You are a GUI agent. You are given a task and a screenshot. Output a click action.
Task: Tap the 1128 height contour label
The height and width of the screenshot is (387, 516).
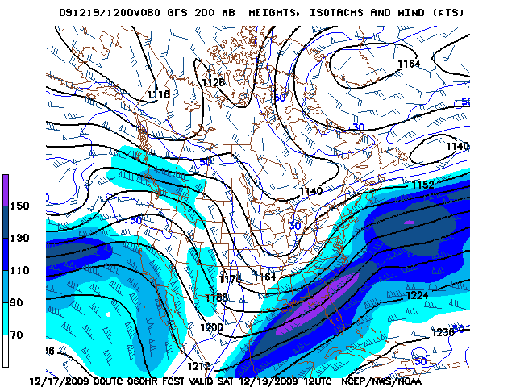pos(214,82)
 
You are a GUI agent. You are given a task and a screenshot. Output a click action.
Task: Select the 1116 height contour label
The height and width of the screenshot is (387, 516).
pos(159,94)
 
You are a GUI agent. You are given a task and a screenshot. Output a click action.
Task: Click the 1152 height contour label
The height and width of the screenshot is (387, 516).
pos(422,185)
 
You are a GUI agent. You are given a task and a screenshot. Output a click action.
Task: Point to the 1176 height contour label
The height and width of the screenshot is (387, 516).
pos(231,279)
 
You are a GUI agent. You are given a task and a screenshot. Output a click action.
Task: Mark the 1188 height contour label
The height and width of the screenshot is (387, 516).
pos(217,298)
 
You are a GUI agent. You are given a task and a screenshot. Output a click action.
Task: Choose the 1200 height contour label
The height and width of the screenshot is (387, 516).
pos(211,327)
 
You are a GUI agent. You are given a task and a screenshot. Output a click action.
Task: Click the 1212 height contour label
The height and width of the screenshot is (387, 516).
pos(199,366)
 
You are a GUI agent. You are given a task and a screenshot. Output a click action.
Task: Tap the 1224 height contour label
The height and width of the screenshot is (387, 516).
pos(418,295)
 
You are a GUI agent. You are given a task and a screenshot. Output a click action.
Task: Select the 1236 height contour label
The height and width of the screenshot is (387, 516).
pos(443,332)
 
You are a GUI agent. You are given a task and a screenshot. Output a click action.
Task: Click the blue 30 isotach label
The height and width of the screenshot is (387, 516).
pos(359,127)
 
